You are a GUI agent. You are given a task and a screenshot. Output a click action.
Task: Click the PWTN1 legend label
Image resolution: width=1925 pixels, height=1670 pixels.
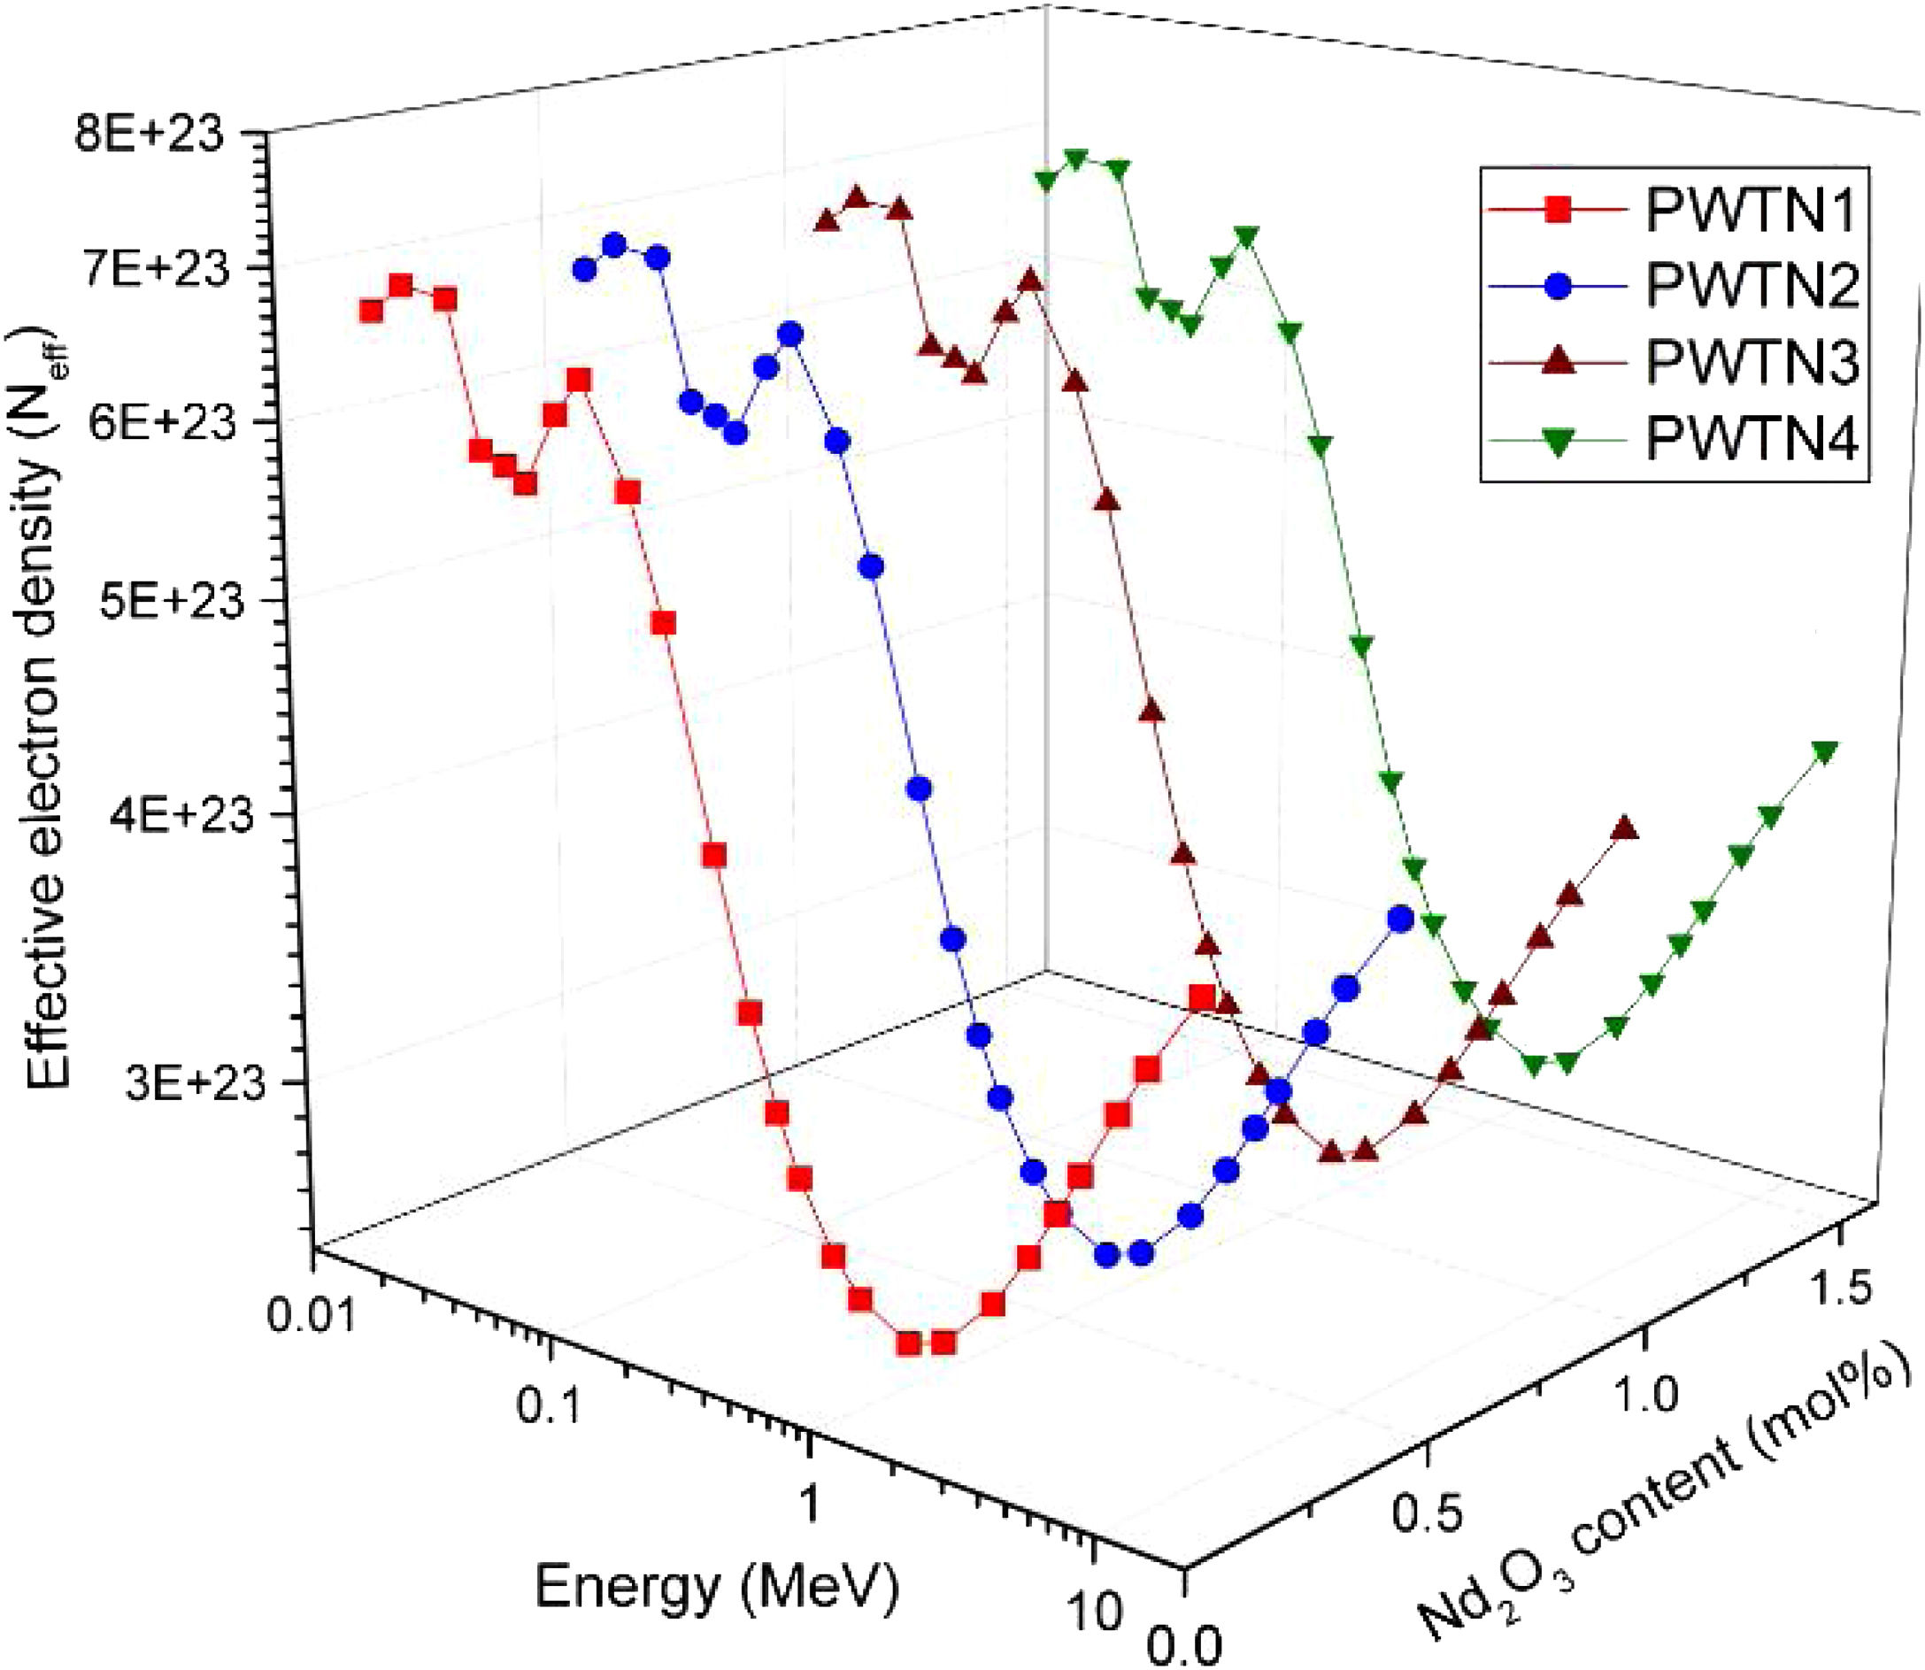tap(1752, 212)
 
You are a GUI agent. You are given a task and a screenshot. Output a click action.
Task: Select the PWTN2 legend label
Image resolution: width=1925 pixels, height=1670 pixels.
tap(1752, 285)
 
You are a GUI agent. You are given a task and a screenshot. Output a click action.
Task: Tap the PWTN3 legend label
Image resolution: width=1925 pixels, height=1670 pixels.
tap(1752, 363)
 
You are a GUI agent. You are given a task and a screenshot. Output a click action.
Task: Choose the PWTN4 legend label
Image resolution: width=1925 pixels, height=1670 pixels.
tap(1752, 438)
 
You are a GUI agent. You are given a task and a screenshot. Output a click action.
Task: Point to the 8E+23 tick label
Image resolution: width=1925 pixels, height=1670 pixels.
tap(149, 136)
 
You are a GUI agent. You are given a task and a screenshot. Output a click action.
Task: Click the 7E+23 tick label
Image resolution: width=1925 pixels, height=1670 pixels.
tap(149, 272)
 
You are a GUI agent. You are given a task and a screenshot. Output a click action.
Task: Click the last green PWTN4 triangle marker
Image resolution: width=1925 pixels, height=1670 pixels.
tap(1824, 752)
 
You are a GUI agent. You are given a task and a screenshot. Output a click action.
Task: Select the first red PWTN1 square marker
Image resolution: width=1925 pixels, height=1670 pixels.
tap(371, 312)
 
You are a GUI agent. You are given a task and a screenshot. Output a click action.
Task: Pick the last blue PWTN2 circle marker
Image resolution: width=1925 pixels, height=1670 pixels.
tap(1400, 920)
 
